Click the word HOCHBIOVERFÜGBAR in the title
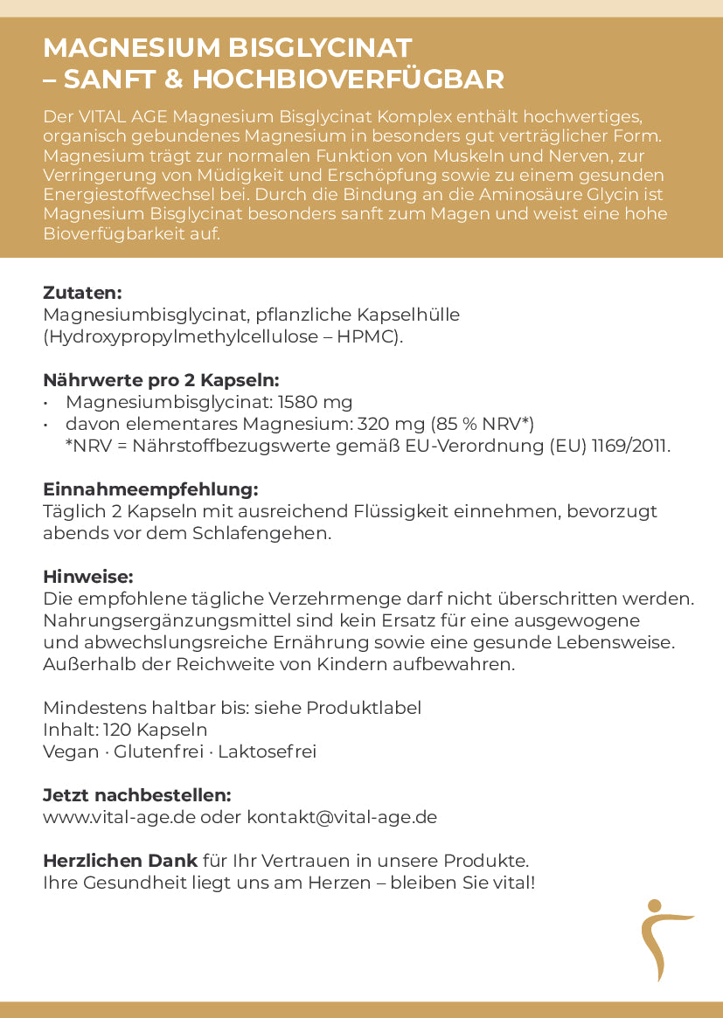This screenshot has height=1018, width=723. pyautogui.click(x=348, y=80)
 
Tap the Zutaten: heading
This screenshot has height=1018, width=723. pyautogui.click(x=82, y=293)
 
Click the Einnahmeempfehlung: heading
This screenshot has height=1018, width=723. pyautogui.click(x=150, y=489)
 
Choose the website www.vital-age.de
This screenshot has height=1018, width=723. pyautogui.click(x=120, y=817)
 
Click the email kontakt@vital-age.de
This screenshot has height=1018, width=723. pyautogui.click(x=342, y=817)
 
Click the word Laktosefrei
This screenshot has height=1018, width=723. pyautogui.click(x=268, y=751)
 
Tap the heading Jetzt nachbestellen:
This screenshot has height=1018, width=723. pyautogui.click(x=137, y=795)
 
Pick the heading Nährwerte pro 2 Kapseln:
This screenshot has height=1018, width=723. pyautogui.click(x=161, y=380)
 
